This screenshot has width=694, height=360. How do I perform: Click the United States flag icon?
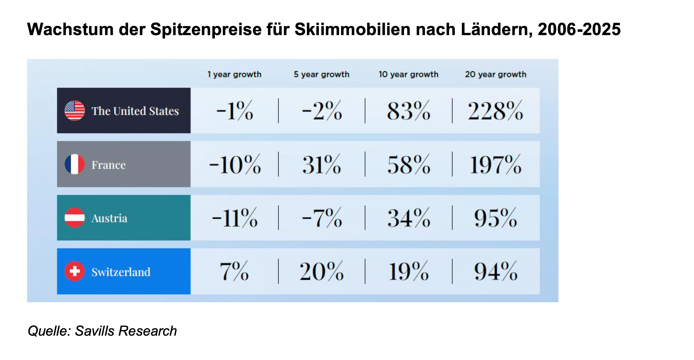coord(74,111)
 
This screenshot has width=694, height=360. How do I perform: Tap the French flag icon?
coord(74,164)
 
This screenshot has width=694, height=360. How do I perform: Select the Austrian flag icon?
coord(74,218)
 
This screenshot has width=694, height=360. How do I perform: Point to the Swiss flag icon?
coord(74,271)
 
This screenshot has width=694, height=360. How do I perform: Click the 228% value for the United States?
coord(495,111)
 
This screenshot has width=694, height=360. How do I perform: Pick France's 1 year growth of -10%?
coord(235,165)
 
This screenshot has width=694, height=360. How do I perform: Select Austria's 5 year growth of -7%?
coord(322,218)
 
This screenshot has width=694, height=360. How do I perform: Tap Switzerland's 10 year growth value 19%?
coord(408,272)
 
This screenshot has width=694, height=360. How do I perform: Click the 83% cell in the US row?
coord(408,111)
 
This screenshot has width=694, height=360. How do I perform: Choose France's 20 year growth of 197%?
coord(495,165)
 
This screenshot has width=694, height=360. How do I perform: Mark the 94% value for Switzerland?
coord(495,272)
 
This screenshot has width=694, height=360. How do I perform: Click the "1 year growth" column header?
coord(234,74)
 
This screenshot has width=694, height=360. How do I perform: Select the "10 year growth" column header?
coord(408,74)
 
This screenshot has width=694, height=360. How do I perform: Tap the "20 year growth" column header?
coord(495,74)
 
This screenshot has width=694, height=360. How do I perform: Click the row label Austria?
coord(109,218)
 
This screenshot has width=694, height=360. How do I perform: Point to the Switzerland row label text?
coord(121,272)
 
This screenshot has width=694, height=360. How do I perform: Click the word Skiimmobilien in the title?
coord(352,29)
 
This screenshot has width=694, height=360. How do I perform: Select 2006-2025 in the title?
coord(579,29)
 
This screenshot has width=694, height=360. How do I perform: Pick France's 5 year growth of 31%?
coord(322,165)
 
